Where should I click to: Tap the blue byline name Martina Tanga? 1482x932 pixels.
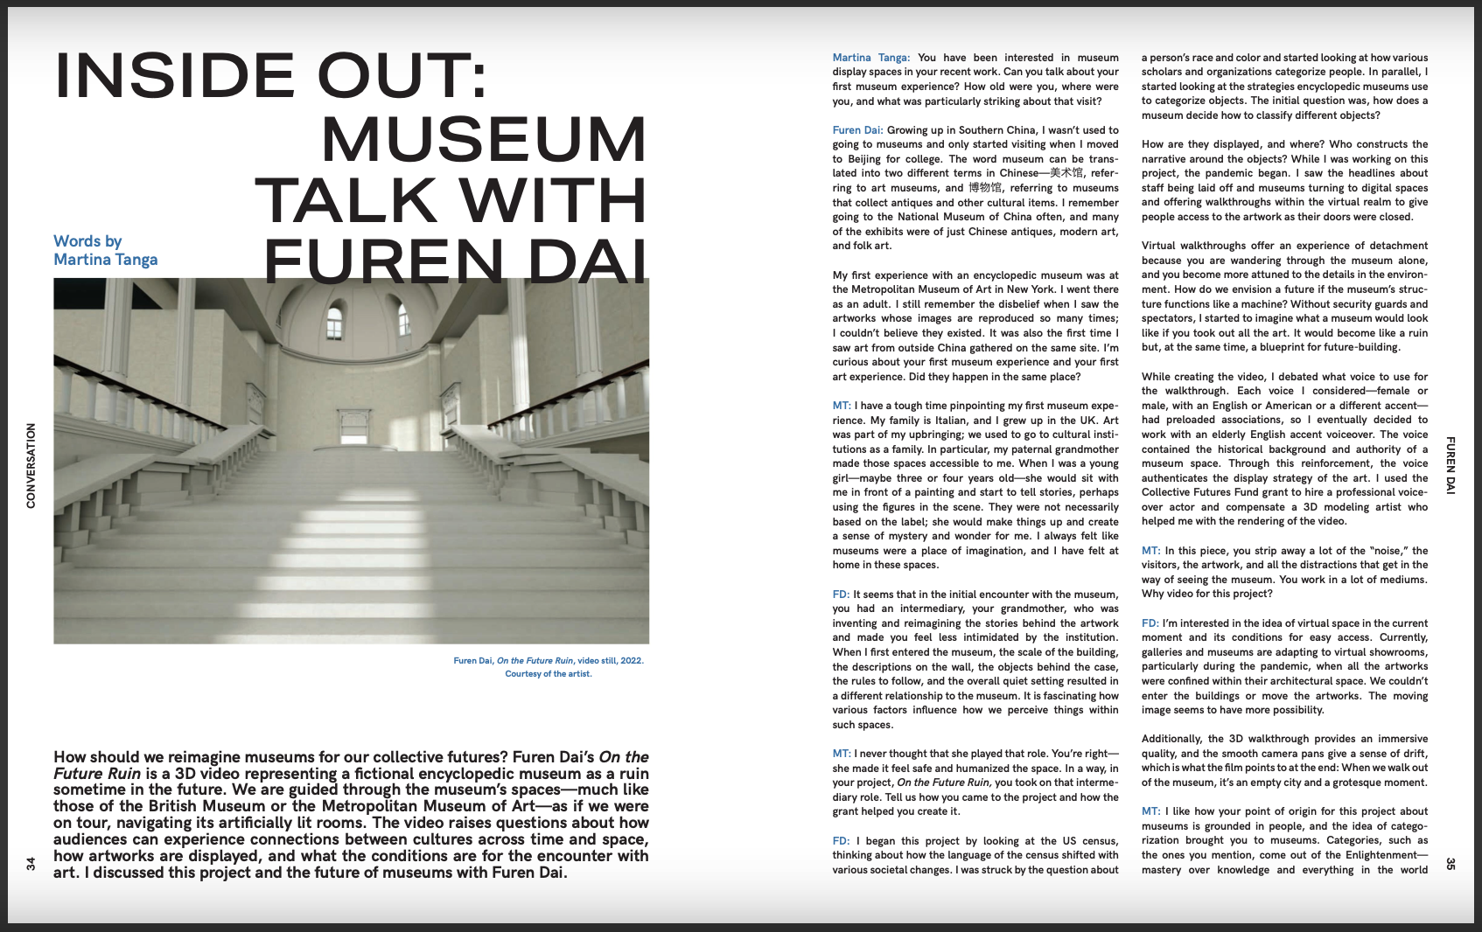click(x=106, y=260)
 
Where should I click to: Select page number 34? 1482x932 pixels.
click(x=31, y=864)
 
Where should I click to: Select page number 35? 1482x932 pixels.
click(x=1450, y=864)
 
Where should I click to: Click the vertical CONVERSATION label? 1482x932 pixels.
click(x=31, y=465)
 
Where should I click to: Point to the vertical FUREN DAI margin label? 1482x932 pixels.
click(x=1450, y=465)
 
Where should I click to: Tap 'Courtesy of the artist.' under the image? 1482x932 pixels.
click(x=549, y=674)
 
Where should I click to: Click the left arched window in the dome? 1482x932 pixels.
click(x=334, y=323)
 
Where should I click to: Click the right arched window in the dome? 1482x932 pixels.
click(x=404, y=320)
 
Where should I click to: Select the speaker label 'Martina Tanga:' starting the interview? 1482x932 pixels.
click(x=870, y=58)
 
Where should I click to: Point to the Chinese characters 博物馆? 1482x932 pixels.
click(x=985, y=188)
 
